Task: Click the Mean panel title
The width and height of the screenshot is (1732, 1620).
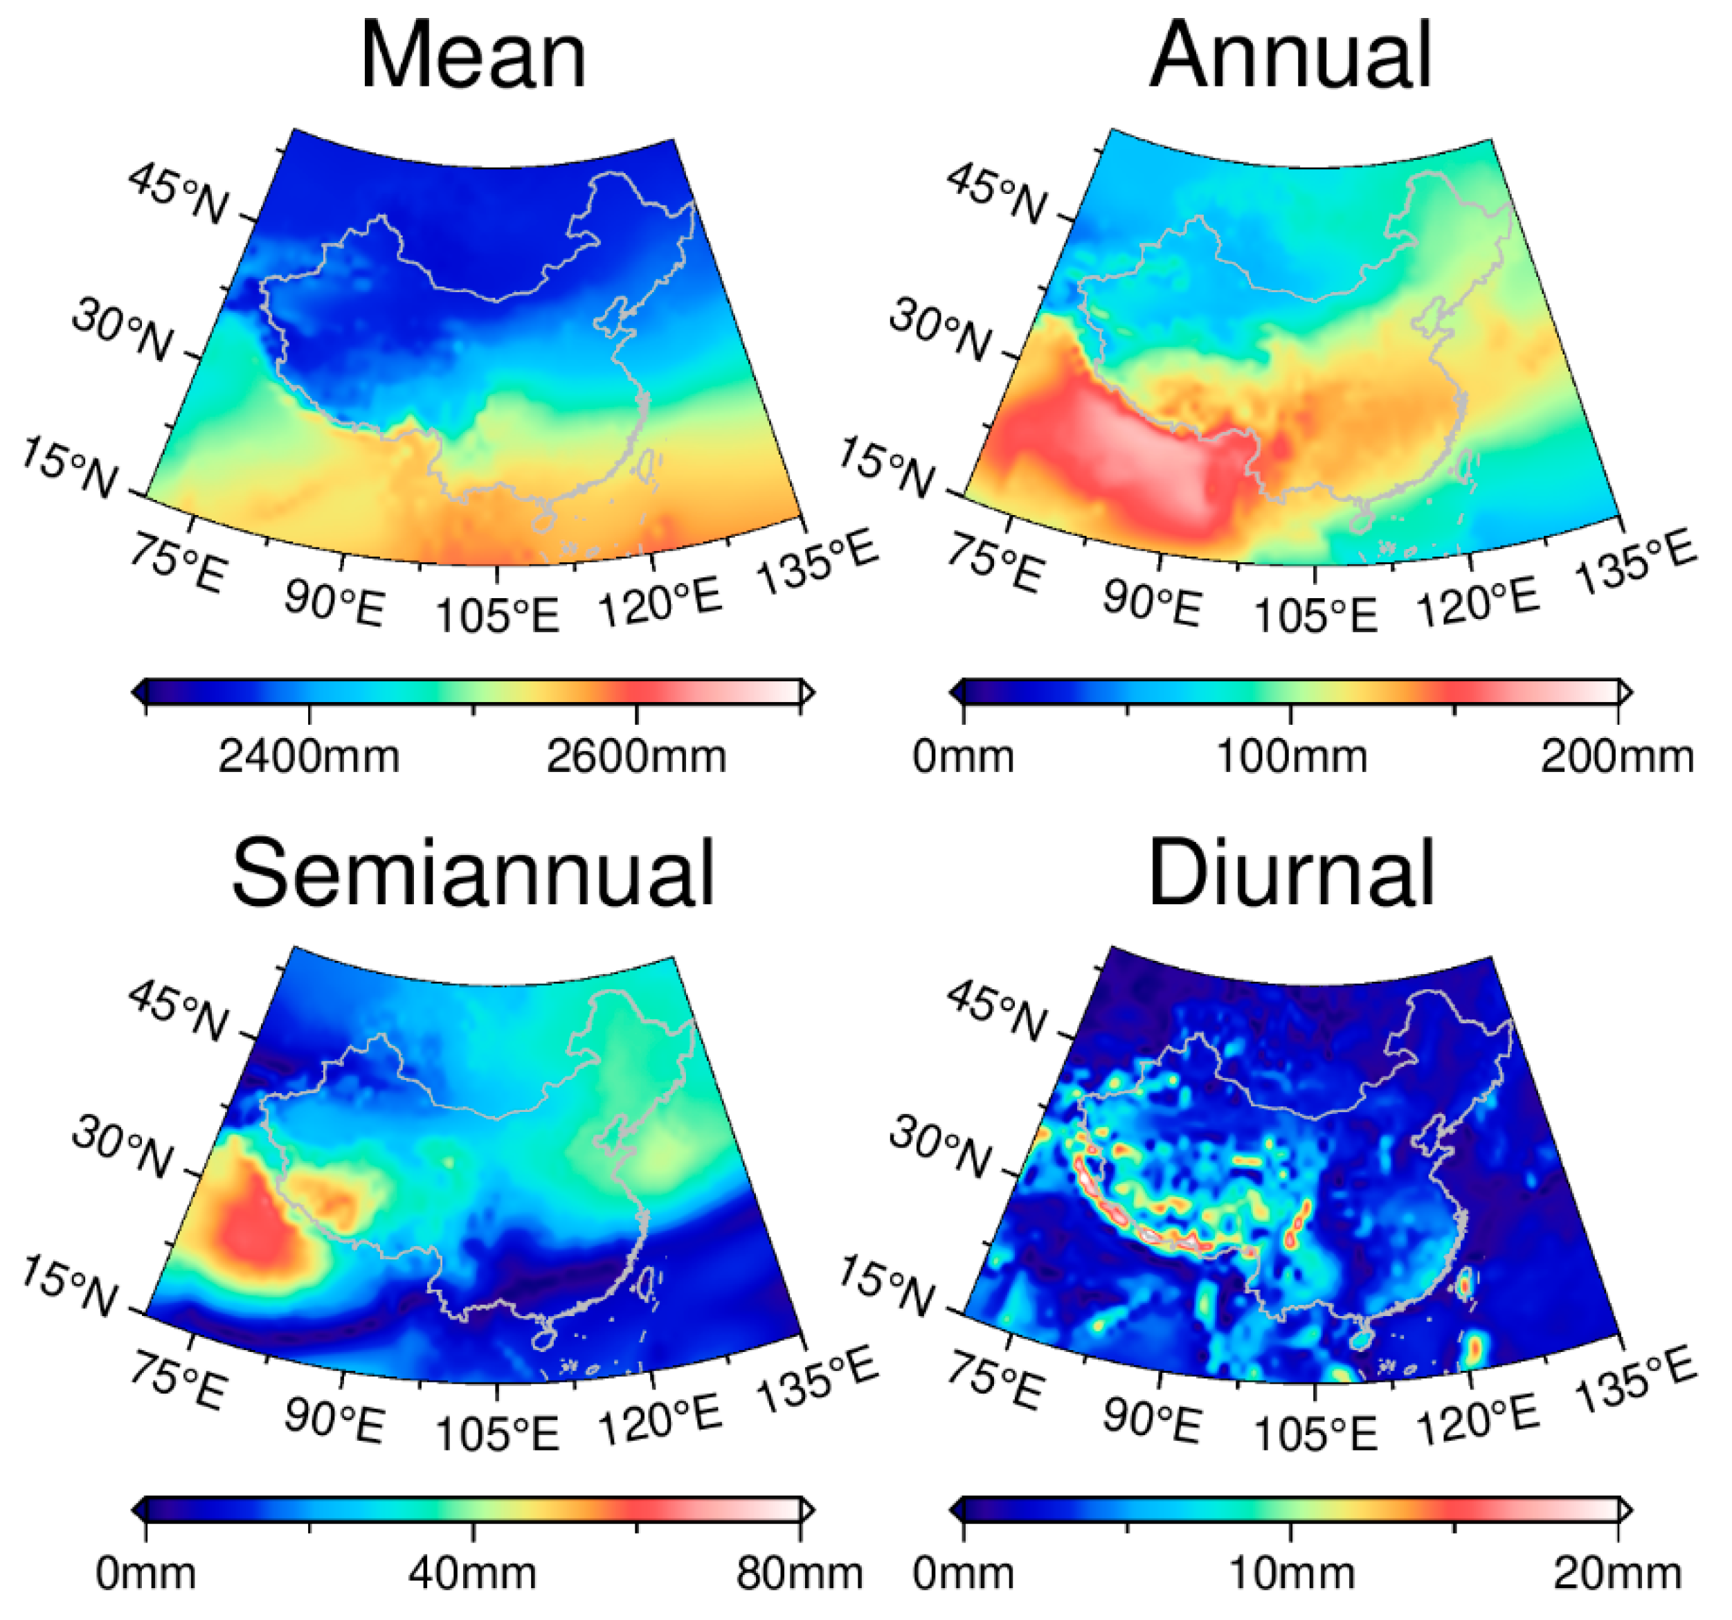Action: click(x=473, y=56)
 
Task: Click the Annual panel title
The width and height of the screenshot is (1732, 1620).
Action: click(x=1290, y=56)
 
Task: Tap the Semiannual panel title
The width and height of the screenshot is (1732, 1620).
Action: click(x=473, y=874)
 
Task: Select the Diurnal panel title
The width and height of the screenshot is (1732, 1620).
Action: click(x=1290, y=874)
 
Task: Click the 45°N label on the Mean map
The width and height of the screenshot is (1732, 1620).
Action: click(x=179, y=193)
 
